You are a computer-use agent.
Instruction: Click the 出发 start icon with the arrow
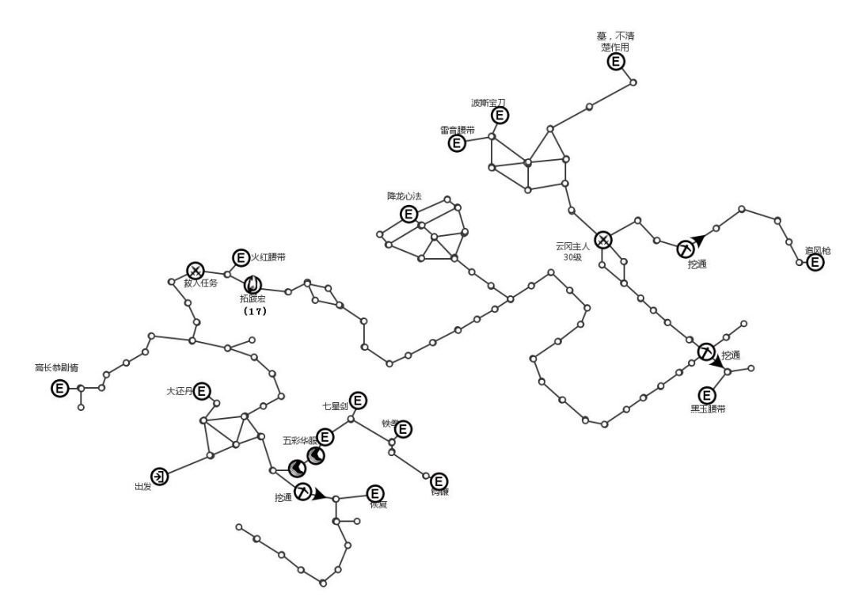(x=160, y=476)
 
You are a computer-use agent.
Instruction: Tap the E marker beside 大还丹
(x=203, y=390)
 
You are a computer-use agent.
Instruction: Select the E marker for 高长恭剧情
(x=60, y=388)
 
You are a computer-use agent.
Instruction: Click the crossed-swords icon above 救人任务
(x=196, y=271)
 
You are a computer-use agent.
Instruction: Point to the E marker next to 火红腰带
(x=241, y=257)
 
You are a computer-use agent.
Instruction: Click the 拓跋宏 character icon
(x=253, y=283)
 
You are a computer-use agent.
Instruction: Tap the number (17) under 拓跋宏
(x=254, y=311)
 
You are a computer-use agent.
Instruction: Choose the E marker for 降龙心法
(x=408, y=214)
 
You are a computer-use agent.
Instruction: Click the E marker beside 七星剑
(x=358, y=401)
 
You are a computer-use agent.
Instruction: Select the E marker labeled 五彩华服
(x=325, y=436)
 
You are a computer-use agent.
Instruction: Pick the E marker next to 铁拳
(x=403, y=429)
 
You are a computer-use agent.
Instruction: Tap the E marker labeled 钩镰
(x=439, y=481)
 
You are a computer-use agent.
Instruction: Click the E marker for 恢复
(x=374, y=493)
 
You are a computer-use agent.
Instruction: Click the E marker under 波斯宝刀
(x=500, y=116)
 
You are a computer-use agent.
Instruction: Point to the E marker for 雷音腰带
(x=458, y=143)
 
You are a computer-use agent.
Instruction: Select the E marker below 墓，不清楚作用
(x=616, y=62)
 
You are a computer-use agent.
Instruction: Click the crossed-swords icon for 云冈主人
(x=603, y=240)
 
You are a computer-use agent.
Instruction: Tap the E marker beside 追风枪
(x=815, y=262)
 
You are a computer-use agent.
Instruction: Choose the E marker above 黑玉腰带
(x=707, y=395)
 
